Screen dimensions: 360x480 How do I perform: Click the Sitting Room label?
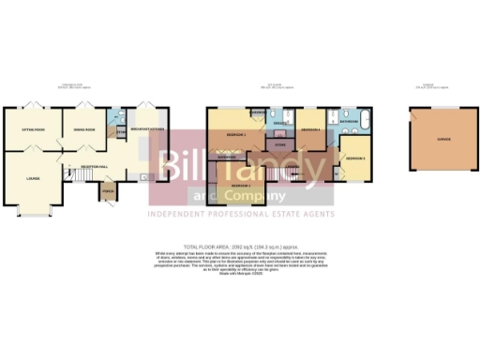point(33,129)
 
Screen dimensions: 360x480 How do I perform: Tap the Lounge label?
point(32,176)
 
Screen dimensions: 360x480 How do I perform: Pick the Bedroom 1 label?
point(236,135)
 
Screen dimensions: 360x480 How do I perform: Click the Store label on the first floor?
point(278,144)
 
